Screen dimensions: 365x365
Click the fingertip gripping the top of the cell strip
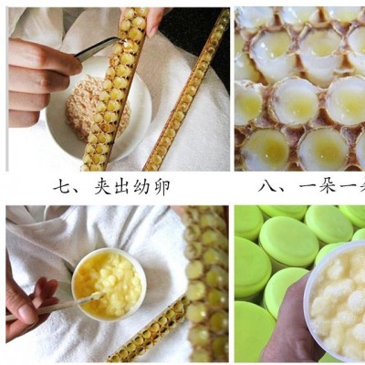point(153,16)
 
